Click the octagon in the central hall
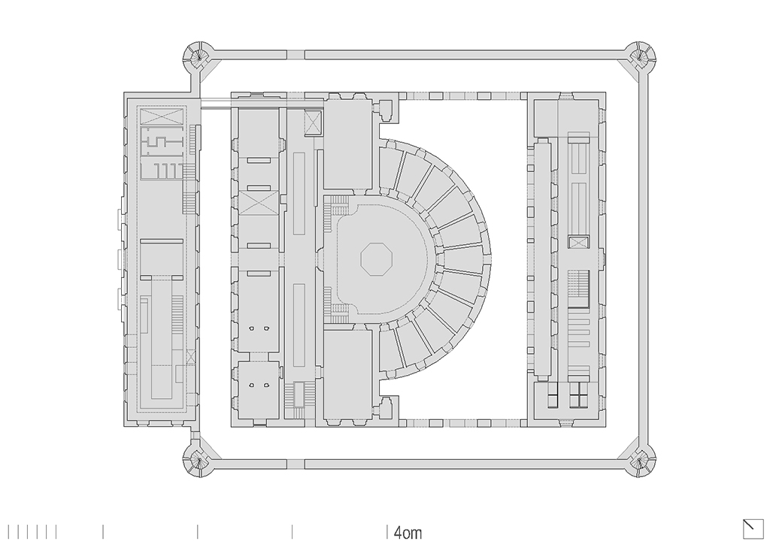[x=376, y=258]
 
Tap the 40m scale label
[x=408, y=533]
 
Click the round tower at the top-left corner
[x=199, y=56]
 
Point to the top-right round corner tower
[x=641, y=56]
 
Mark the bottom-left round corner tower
[x=199, y=461]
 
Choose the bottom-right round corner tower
[x=641, y=461]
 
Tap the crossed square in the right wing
[x=578, y=243]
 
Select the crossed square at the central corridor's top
[x=314, y=122]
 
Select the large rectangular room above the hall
[x=348, y=145]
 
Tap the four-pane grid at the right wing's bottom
[x=578, y=394]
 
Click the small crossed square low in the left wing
[x=190, y=357]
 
